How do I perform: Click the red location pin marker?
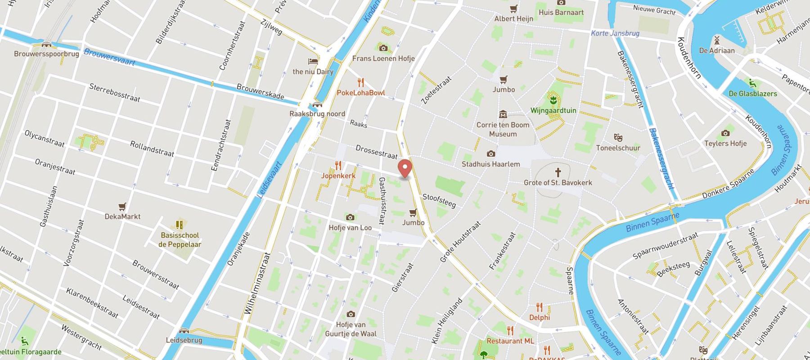point(405,169)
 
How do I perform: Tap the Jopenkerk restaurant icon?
point(338,166)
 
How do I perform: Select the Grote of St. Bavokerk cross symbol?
point(558,172)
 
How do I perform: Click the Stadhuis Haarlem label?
point(490,164)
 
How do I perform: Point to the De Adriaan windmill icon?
point(717,40)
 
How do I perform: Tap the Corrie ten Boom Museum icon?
point(503,114)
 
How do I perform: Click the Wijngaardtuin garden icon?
point(553,99)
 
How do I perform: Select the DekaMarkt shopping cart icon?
point(122,207)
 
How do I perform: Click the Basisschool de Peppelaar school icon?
point(180,225)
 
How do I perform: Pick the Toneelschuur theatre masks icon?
point(618,137)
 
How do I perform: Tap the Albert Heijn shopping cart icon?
point(513,9)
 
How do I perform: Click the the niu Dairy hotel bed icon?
point(313,61)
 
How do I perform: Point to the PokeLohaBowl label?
point(361,93)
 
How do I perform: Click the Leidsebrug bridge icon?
point(184,331)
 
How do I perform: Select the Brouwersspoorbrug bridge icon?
point(46,45)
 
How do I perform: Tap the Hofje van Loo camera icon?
point(350,218)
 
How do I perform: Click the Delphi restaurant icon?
point(539,307)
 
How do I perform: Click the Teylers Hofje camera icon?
point(725,133)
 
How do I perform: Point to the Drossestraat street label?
point(376,152)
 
